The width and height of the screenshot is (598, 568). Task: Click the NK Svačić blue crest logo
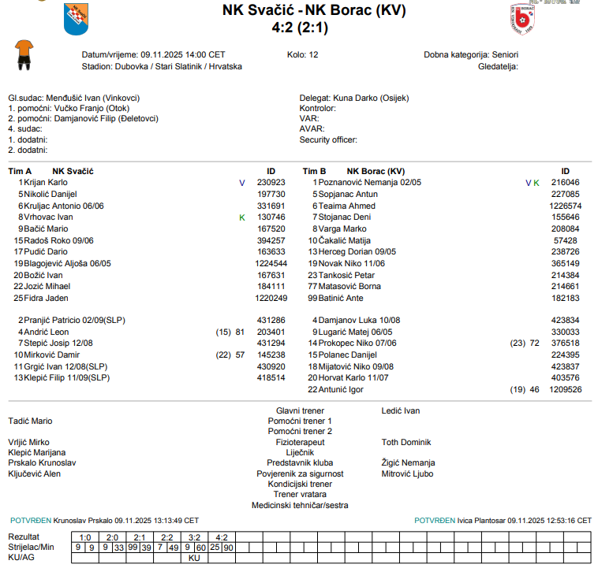(76, 20)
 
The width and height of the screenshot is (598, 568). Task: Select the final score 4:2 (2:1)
(300, 28)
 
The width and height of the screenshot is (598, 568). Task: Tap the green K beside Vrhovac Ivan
(242, 217)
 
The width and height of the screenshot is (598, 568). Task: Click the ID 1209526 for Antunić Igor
(565, 389)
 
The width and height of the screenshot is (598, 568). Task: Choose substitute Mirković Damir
(51, 355)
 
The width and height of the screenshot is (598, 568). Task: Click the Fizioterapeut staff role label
(299, 443)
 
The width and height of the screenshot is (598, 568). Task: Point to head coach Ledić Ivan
(401, 410)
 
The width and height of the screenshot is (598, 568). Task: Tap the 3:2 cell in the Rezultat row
(194, 536)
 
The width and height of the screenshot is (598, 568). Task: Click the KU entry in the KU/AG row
(194, 557)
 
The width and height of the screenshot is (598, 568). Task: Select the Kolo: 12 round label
(303, 55)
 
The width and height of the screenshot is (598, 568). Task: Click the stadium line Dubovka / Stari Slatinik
(163, 66)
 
